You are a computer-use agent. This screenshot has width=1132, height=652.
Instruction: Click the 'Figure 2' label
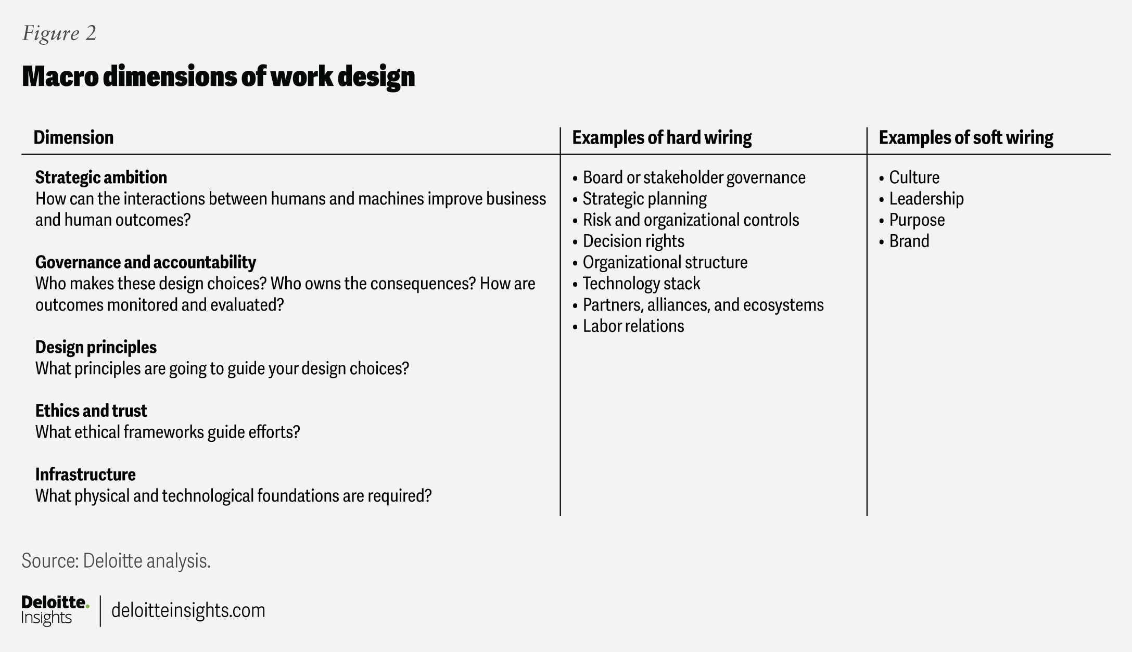59,33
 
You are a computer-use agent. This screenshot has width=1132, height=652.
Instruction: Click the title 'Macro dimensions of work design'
218,76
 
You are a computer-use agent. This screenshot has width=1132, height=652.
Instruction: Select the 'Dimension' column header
73,137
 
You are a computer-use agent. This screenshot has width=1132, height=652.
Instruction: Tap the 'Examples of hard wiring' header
662,137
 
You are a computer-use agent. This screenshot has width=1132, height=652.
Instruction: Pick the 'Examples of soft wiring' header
965,137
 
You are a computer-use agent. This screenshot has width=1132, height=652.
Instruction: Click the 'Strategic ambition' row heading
101,177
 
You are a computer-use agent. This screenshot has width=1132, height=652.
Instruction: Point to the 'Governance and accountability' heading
145,262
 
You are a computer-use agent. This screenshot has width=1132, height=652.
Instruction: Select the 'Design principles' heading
96,347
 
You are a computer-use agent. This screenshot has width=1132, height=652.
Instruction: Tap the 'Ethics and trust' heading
91,411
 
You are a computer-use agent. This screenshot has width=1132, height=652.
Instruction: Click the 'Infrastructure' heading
85,475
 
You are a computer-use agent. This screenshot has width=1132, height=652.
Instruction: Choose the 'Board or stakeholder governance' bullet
693,177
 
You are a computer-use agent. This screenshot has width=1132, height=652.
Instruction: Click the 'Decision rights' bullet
633,241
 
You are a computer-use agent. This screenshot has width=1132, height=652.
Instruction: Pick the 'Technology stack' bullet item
641,284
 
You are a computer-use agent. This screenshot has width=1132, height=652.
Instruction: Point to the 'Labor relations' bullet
633,326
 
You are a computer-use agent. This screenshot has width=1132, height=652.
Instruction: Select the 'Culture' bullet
914,177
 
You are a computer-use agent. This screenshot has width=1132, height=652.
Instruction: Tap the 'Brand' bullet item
909,241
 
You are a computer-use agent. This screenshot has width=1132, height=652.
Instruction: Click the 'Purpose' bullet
917,220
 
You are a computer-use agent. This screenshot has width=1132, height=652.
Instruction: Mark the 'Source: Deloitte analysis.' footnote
116,561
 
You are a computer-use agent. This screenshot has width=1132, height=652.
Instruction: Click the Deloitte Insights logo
55,610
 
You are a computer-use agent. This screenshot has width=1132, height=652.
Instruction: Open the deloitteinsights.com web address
188,610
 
